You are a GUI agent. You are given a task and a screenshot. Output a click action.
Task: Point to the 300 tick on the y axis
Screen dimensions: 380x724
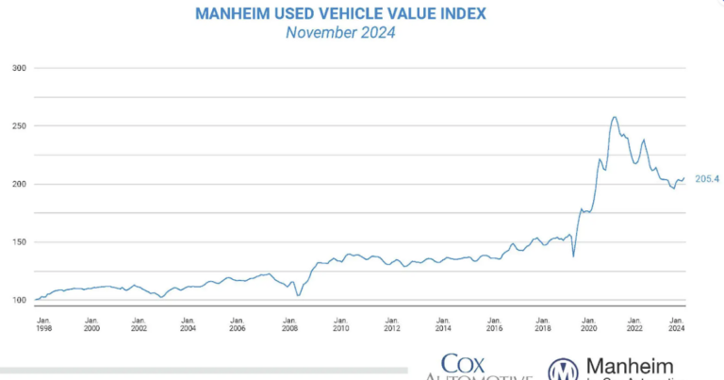(19, 68)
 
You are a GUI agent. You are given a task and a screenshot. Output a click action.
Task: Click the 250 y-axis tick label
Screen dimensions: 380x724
(19, 125)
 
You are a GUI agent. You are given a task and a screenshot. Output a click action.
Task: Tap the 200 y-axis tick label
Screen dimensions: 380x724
(19, 184)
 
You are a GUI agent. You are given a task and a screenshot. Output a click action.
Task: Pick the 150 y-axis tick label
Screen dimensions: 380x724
(19, 242)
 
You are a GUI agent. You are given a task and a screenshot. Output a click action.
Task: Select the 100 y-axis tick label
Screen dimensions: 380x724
(19, 300)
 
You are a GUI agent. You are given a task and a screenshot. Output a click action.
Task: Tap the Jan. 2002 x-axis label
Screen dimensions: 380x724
(140, 323)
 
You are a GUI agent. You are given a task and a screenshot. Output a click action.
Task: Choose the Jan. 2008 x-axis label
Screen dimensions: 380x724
(288, 323)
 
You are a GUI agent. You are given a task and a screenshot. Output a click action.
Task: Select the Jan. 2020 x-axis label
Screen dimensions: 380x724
(591, 323)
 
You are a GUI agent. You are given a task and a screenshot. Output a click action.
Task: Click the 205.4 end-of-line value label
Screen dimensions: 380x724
(707, 178)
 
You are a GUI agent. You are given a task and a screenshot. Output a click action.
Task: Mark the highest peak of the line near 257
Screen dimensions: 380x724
(615, 118)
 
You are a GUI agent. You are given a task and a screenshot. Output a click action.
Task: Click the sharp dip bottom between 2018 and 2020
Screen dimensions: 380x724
(573, 256)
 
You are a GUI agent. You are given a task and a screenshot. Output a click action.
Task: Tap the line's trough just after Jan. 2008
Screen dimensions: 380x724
(299, 295)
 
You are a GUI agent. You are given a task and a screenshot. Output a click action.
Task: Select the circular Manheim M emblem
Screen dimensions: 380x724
(563, 371)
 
